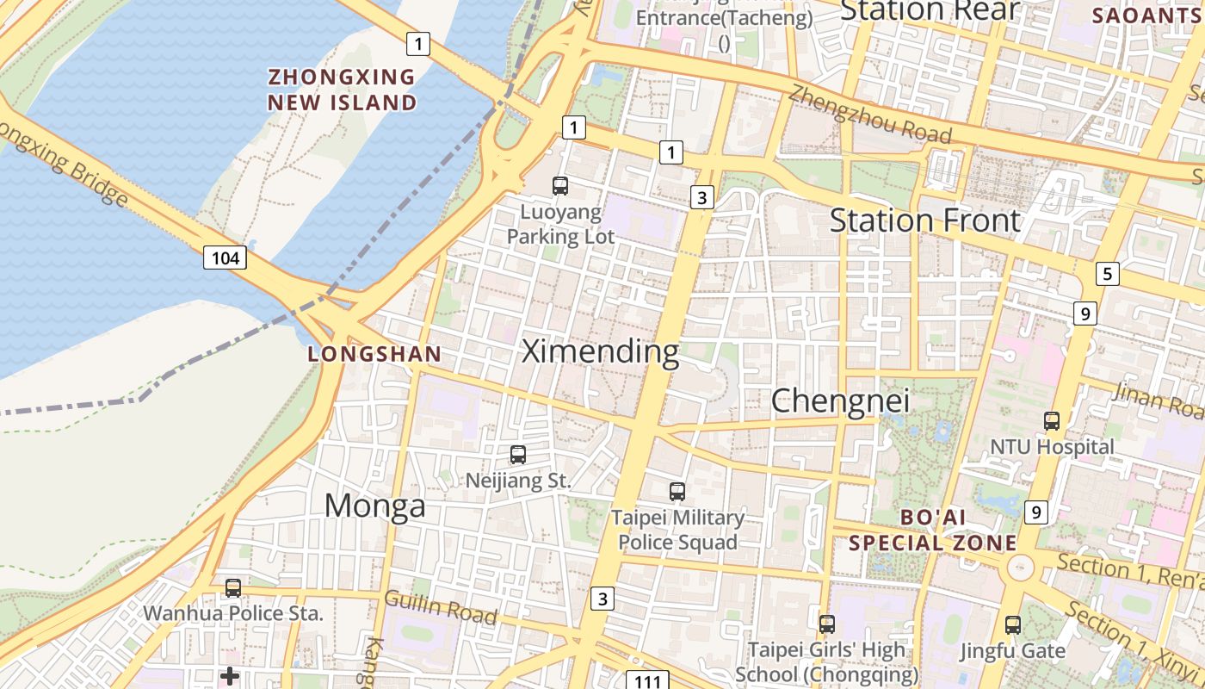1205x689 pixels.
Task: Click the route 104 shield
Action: point(226,257)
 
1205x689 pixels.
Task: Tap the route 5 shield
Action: point(1107,274)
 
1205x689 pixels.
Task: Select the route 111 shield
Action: point(647,680)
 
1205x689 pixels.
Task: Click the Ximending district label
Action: point(601,351)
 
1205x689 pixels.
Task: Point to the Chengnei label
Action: point(828,400)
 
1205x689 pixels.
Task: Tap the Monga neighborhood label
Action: point(374,506)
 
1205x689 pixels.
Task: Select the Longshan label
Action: point(374,354)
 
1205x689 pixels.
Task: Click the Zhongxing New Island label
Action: point(342,90)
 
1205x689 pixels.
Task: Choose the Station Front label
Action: point(925,220)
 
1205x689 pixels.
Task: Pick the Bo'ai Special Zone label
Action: point(933,531)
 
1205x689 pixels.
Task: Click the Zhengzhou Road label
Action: point(870,115)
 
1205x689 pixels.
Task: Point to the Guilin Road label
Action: point(441,607)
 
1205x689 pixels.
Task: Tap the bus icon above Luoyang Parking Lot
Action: point(560,185)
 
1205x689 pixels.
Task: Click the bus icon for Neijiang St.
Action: point(518,455)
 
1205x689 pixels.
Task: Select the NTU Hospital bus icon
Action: point(1052,421)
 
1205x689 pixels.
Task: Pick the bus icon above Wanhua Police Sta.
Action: point(233,588)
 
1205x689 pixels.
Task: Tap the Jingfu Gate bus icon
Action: point(1013,625)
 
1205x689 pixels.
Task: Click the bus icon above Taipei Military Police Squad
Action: point(677,492)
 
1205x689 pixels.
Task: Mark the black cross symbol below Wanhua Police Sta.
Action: point(230,676)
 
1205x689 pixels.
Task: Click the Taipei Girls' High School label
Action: point(826,661)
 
